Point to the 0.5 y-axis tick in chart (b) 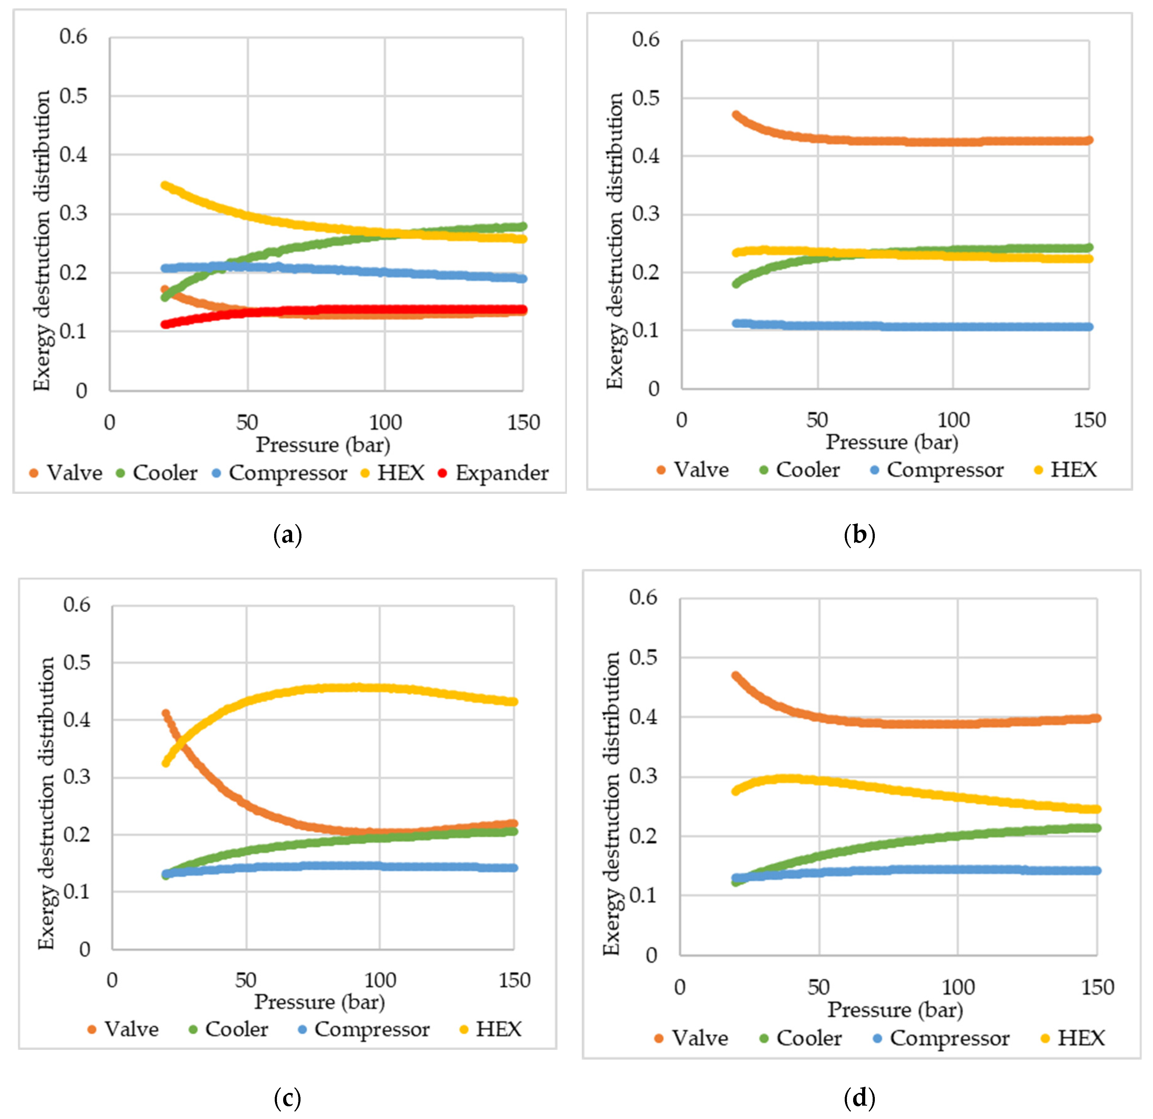(x=645, y=98)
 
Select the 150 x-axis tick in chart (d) (x=1097, y=987)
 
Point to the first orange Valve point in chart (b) (x=736, y=115)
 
